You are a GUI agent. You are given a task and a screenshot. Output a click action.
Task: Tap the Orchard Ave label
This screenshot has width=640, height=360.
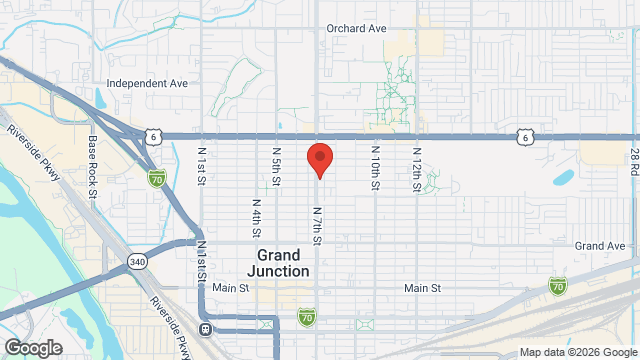point(356,28)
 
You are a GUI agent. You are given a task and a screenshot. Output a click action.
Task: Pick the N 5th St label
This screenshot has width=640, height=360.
point(276,166)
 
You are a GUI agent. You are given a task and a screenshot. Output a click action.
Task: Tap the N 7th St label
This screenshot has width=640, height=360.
point(316,226)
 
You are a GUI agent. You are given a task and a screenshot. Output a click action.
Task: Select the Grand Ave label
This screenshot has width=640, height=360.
point(600,245)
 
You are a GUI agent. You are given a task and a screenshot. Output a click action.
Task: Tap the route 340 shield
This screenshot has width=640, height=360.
point(136,261)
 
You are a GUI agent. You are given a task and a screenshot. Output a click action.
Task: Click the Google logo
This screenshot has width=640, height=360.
point(32,347)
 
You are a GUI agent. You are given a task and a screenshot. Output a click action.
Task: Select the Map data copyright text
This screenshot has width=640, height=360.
point(577,352)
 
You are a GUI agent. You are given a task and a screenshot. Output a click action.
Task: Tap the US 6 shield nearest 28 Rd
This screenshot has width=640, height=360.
point(524,136)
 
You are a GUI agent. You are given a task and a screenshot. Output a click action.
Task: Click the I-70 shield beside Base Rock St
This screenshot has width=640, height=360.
point(156,177)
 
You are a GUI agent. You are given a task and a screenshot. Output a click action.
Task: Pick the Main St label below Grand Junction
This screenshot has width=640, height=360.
point(230,288)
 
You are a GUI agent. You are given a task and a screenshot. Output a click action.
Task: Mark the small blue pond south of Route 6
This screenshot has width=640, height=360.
point(563,179)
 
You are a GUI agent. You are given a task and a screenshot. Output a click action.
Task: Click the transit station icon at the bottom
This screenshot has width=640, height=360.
point(206,328)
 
